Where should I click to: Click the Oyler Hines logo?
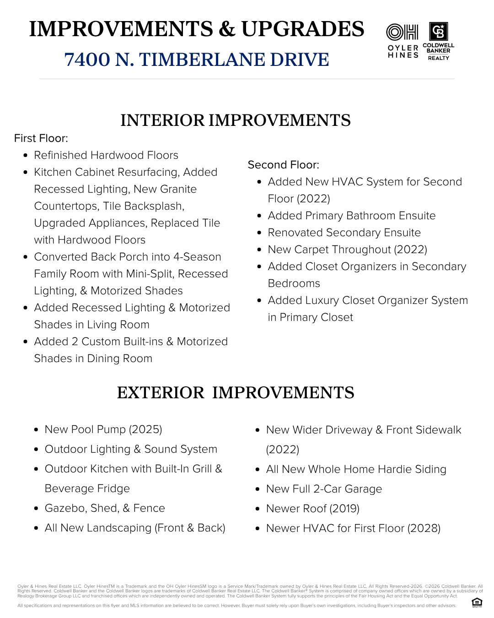(403, 41)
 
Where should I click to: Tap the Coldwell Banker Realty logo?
(438, 41)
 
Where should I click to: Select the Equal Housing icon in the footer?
(477, 602)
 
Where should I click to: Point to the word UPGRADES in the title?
(302, 29)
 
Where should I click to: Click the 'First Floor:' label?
(41, 138)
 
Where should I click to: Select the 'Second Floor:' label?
(283, 165)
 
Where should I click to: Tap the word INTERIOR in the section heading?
(162, 120)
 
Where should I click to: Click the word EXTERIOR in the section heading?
(160, 393)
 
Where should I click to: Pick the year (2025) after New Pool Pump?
(145, 429)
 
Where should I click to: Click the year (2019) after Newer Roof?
(344, 509)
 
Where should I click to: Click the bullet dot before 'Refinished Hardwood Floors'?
(26, 156)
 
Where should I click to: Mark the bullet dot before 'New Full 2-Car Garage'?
(258, 489)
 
